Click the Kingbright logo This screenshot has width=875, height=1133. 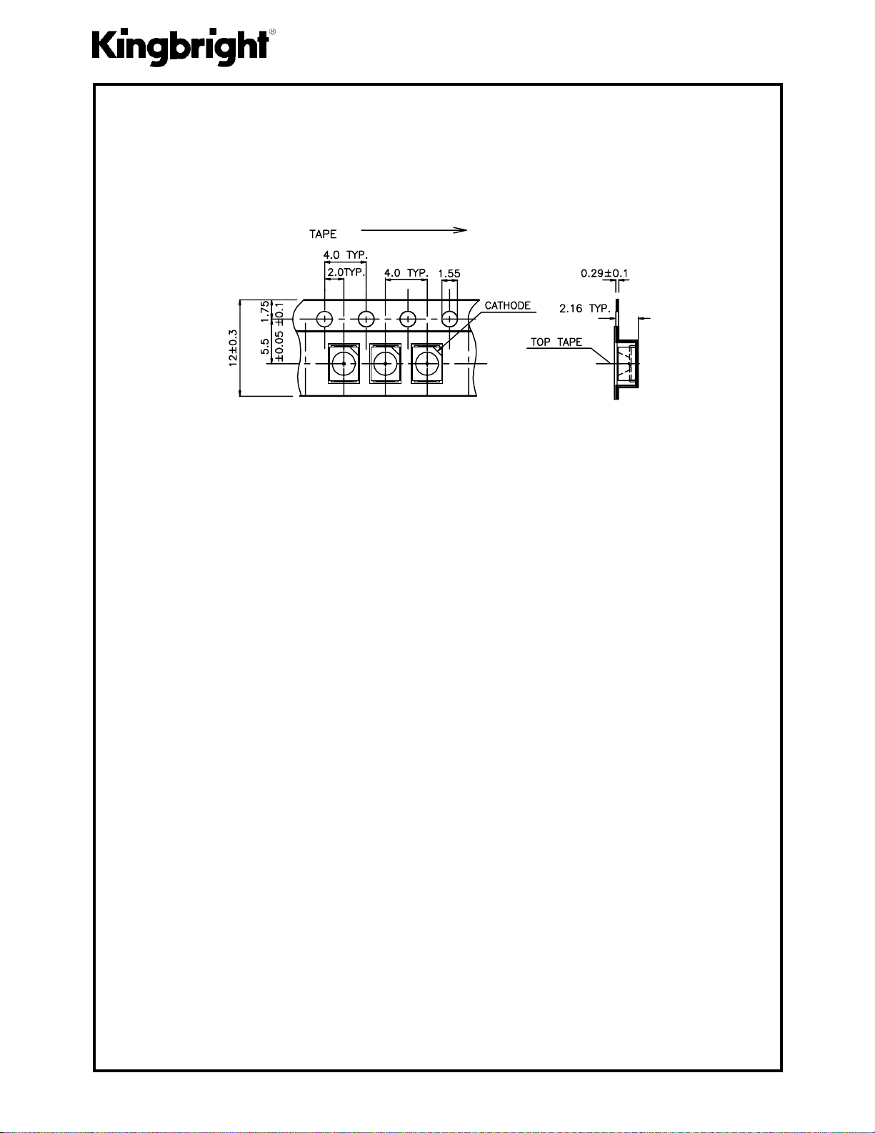181,47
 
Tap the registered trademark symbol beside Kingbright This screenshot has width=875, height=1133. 273,32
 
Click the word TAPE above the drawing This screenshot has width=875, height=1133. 322,234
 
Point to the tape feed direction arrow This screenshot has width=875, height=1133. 414,230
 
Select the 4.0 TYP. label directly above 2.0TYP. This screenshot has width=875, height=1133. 346,255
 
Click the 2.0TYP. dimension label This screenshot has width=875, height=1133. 346,272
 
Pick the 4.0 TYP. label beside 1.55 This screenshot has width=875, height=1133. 406,273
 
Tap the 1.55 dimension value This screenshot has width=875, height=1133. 449,274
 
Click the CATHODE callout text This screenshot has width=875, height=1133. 508,305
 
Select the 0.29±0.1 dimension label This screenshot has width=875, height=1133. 605,273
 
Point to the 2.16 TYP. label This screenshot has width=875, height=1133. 585,309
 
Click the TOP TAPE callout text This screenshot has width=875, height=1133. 556,342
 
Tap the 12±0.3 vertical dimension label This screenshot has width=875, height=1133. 232,348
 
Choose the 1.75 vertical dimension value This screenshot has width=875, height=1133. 265,312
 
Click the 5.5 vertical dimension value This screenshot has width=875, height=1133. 265,347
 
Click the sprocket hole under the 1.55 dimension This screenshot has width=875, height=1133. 449,318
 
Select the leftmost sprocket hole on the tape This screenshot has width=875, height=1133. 325,318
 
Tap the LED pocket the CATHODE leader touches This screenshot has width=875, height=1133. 426,363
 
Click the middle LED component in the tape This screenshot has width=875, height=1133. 385,363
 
